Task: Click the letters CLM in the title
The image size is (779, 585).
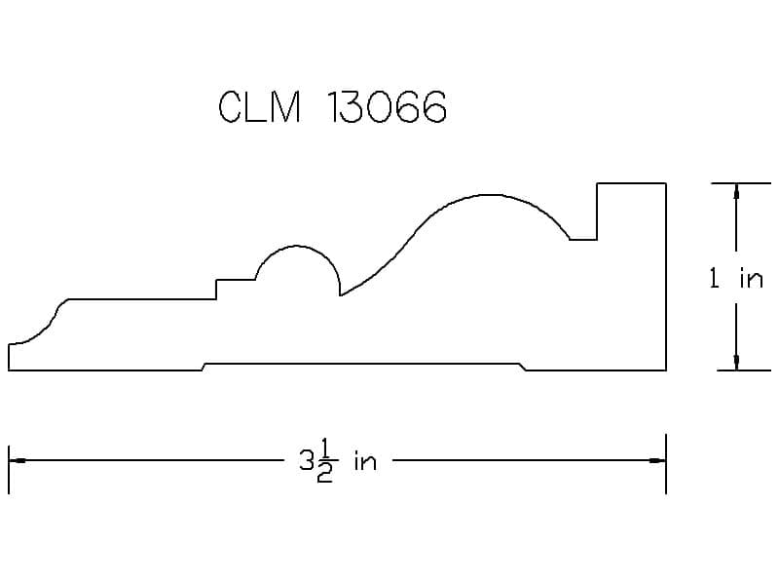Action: click(x=259, y=106)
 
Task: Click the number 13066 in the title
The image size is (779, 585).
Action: click(x=387, y=106)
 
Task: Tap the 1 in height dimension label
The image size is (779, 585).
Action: click(x=736, y=278)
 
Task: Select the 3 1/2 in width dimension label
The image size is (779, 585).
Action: click(x=338, y=462)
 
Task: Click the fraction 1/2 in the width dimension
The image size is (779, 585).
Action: click(x=324, y=462)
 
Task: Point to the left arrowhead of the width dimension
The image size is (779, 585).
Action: click(x=18, y=460)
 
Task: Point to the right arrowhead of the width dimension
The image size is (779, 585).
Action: click(x=656, y=460)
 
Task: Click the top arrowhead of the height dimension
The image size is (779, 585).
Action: click(x=736, y=192)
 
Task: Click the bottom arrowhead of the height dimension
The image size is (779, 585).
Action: click(x=736, y=362)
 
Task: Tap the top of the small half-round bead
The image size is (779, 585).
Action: click(x=297, y=246)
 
